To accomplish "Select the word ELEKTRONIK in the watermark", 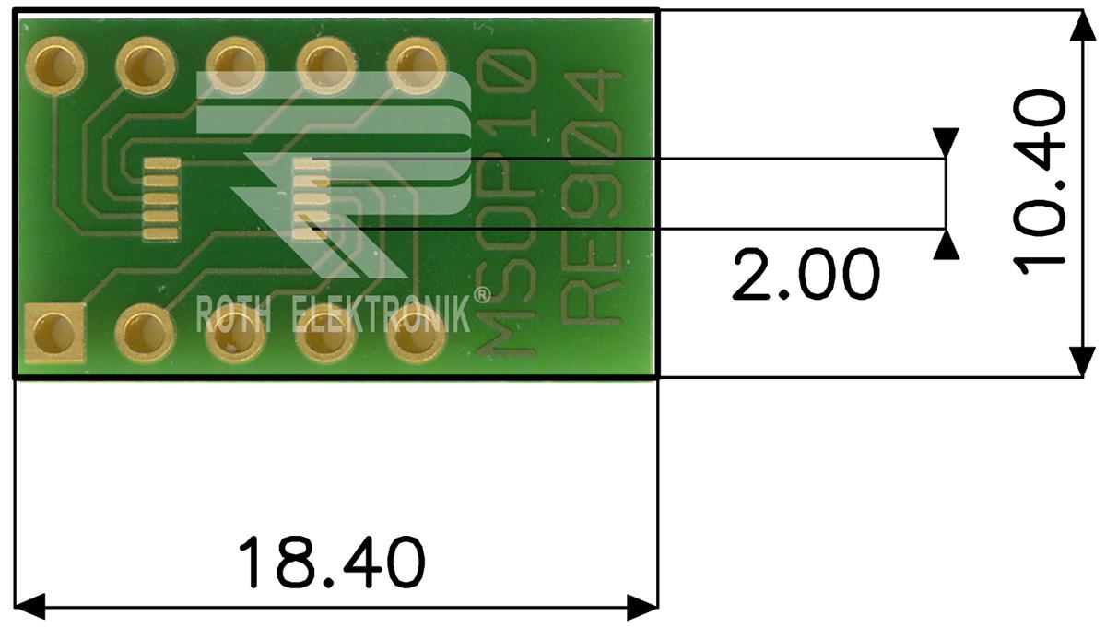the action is pyautogui.click(x=381, y=315).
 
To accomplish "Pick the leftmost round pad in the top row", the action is pyautogui.click(x=56, y=65).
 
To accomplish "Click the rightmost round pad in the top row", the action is pyautogui.click(x=411, y=65).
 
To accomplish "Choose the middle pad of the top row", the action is pyautogui.click(x=231, y=65).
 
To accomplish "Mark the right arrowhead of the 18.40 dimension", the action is pyautogui.click(x=642, y=607).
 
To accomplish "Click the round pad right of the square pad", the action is pyautogui.click(x=143, y=329).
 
